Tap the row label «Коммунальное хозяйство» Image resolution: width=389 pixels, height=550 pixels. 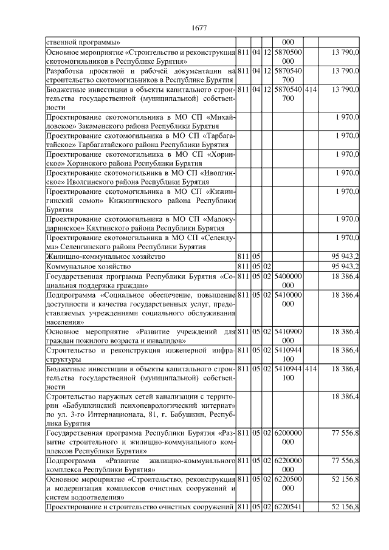pyautogui.click(x=89, y=266)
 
